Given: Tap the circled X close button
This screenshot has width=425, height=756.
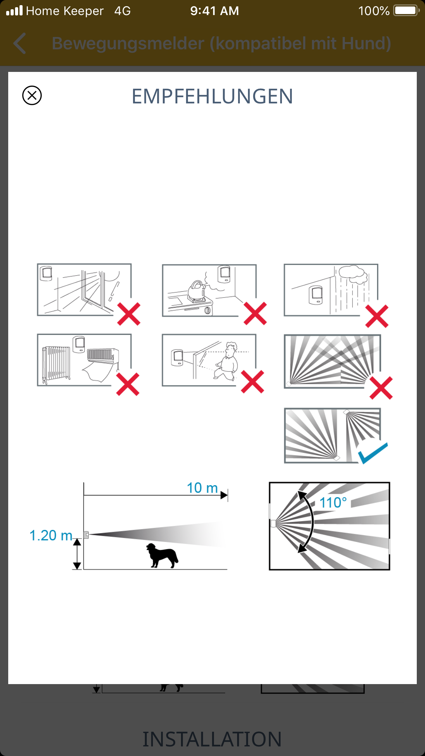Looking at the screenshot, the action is pos(32,95).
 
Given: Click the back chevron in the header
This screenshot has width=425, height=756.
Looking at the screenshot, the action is pos(20,43).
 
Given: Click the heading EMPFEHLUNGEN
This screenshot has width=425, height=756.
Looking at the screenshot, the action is pos(212,96).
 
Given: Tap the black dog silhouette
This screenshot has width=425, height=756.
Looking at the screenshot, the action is pos(162,555).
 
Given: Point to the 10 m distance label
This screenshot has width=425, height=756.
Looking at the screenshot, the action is pos(202,488).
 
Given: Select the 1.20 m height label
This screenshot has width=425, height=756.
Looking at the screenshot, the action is pos(51,535).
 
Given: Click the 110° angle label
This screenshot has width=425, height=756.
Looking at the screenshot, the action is pos(333,503).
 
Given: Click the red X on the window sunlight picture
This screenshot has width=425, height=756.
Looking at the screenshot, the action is pos(129,314).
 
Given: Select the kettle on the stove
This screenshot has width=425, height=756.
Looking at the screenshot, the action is pos(196,291).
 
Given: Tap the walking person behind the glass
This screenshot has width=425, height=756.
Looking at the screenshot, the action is pos(226,361).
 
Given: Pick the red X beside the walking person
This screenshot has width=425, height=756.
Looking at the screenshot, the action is pos(253,381).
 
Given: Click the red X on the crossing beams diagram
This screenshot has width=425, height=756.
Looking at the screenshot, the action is pos(381,388).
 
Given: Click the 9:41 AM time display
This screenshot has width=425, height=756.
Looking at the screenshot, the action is pos(215,11).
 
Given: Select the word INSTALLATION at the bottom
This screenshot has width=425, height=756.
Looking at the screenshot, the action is pos(212,739).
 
